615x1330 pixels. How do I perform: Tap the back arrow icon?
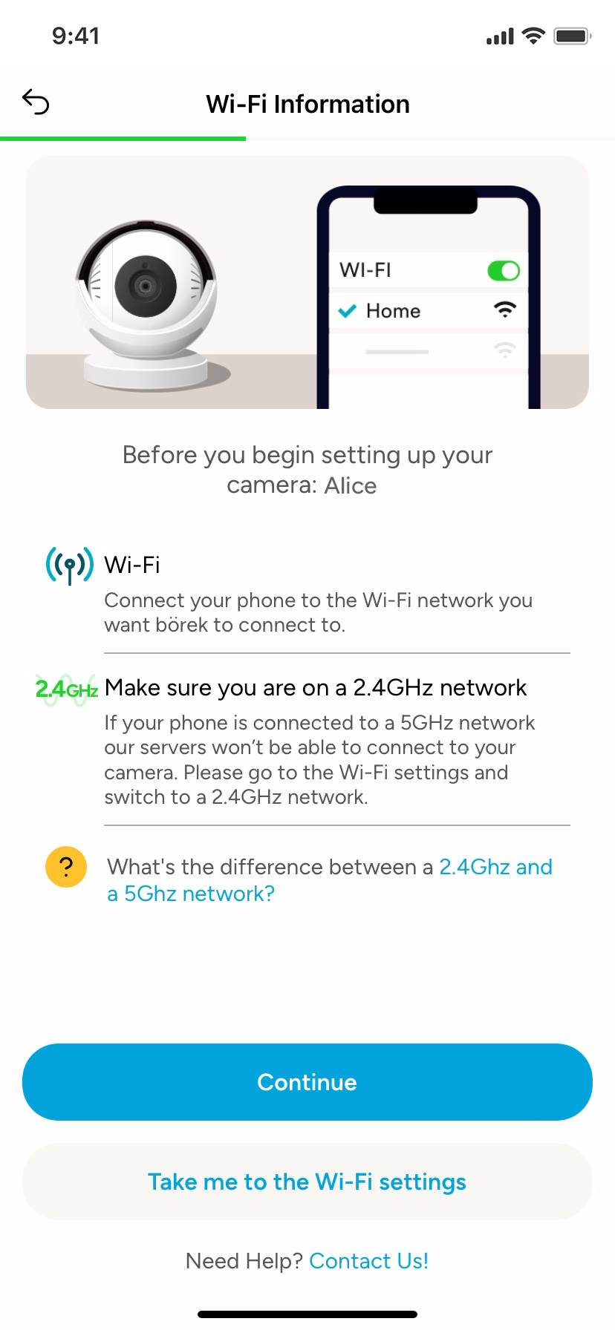click(x=36, y=102)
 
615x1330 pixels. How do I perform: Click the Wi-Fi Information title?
click(x=307, y=104)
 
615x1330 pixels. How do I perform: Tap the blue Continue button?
click(x=307, y=1082)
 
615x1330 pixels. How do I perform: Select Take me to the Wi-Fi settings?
click(x=307, y=1182)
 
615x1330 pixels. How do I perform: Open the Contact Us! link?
click(x=368, y=1261)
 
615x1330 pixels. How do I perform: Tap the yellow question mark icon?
click(x=66, y=867)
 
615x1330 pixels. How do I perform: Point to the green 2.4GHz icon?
click(x=67, y=689)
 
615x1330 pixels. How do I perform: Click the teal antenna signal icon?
click(x=70, y=566)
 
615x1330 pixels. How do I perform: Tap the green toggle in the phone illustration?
click(x=504, y=271)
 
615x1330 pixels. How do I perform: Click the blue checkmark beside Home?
click(x=347, y=311)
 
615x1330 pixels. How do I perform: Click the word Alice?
click(x=351, y=485)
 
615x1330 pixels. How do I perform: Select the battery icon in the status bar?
click(x=572, y=36)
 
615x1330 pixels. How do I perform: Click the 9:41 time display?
click(x=76, y=36)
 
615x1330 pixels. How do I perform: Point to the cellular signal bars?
click(x=500, y=36)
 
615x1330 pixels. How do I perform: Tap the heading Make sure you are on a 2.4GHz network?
click(x=316, y=688)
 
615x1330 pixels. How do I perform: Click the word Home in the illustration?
click(x=393, y=311)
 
